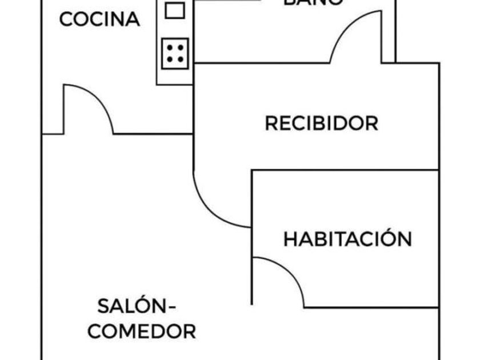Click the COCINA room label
click(x=99, y=19)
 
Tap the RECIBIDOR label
click(x=321, y=123)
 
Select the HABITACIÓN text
click(x=347, y=239)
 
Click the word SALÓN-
click(x=136, y=306)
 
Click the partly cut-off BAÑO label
click(x=314, y=2)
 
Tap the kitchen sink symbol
click(x=175, y=10)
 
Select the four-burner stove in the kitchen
click(x=175, y=53)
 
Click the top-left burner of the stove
click(x=170, y=47)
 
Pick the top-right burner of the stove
click(x=181, y=47)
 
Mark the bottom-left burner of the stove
click(x=170, y=59)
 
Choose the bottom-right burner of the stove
click(x=181, y=59)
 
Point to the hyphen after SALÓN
click(x=170, y=307)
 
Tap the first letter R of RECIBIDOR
click(x=271, y=123)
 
